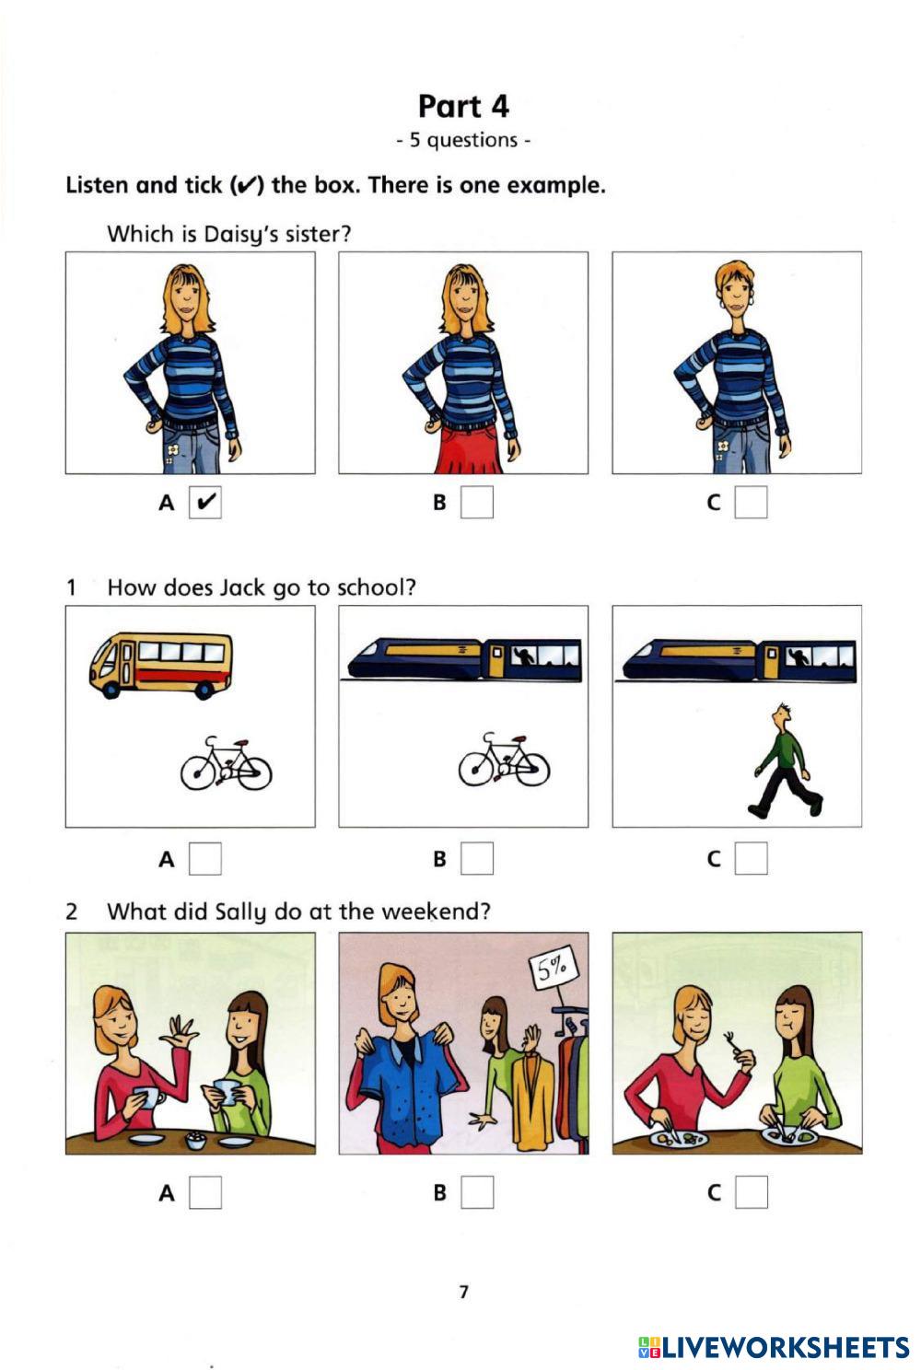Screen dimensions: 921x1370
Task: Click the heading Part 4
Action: [463, 107]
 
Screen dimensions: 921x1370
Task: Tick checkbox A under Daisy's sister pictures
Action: [205, 502]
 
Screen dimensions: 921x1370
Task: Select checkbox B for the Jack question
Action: [477, 858]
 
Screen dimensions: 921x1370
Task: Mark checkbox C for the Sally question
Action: [751, 1192]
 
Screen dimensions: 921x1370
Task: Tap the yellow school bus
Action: [161, 666]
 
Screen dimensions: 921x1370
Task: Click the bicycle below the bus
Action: [226, 763]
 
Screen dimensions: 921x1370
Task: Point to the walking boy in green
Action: [785, 760]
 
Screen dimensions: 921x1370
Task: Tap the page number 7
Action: [463, 1292]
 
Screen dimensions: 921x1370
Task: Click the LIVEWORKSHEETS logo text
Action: [775, 1347]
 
